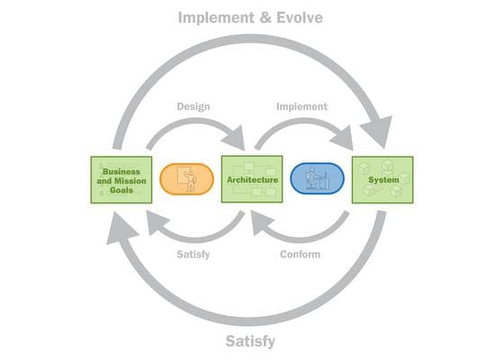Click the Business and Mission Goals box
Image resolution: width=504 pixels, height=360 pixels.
pyautogui.click(x=121, y=180)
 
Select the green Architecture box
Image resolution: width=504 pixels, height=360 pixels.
pyautogui.click(x=252, y=179)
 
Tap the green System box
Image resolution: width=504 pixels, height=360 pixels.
pyautogui.click(x=382, y=180)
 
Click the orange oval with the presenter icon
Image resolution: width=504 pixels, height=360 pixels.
pyautogui.click(x=187, y=179)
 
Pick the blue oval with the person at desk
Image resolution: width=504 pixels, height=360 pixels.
pyautogui.click(x=317, y=179)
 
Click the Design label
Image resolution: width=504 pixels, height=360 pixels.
pyautogui.click(x=193, y=107)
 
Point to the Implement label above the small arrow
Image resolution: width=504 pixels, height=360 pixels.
pyautogui.click(x=301, y=107)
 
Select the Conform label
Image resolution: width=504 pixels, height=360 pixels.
pyautogui.click(x=301, y=254)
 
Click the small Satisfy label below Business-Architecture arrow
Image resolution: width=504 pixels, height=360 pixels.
pyautogui.click(x=193, y=254)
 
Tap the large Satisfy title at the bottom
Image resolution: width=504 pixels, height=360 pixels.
pyautogui.click(x=250, y=341)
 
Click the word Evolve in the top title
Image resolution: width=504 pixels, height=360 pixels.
pyautogui.click(x=300, y=18)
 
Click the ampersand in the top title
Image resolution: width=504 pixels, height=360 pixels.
pyautogui.click(x=265, y=18)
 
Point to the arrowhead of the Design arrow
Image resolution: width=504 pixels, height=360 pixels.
pyautogui.click(x=234, y=139)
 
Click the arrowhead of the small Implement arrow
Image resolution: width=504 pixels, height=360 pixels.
pyautogui.click(x=342, y=139)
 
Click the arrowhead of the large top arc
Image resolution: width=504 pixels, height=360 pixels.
pyautogui.click(x=378, y=130)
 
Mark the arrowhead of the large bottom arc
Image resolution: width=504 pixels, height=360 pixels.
pyautogui.click(x=121, y=229)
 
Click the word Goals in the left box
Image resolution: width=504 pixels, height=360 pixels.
pyautogui.click(x=121, y=190)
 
